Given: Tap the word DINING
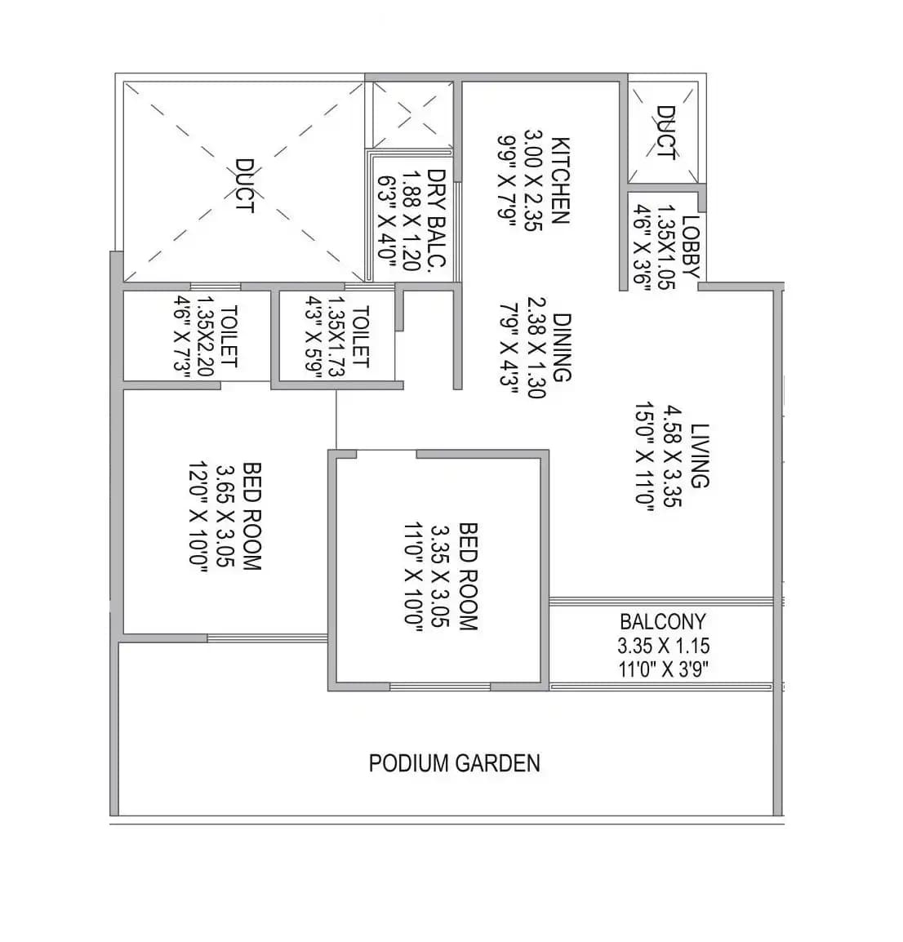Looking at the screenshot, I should [x=561, y=347].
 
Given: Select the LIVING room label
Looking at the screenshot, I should [x=700, y=455].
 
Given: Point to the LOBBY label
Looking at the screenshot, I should [x=690, y=247].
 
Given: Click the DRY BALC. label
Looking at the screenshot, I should [x=437, y=219].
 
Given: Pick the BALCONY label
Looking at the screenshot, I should [x=662, y=622].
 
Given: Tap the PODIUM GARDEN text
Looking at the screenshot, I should [x=454, y=763].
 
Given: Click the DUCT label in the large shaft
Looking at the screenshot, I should [x=243, y=187].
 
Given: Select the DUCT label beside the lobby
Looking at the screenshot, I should [x=665, y=133].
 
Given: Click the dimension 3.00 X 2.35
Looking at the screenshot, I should [x=533, y=180].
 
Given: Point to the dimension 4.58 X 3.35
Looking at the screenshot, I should [x=672, y=455].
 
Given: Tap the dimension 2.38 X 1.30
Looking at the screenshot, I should [x=535, y=347].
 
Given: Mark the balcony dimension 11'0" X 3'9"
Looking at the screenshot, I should [x=662, y=669].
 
